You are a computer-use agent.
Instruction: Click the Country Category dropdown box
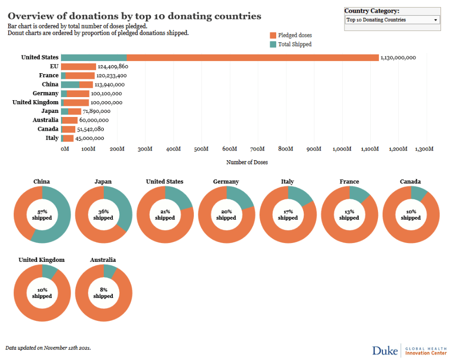[x=392, y=20]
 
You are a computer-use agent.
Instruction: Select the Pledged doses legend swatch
[x=273, y=35]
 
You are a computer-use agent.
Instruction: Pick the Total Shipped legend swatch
[x=273, y=44]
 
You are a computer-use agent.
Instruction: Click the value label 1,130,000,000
[x=398, y=57]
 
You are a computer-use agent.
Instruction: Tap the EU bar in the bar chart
[x=78, y=67]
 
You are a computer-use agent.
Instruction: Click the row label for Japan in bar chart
[x=50, y=111]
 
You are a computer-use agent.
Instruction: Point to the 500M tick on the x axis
[x=201, y=149]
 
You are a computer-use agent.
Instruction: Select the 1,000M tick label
[x=342, y=149]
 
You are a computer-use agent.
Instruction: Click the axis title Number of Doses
[x=247, y=162]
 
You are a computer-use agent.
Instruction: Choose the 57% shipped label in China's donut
[x=42, y=215]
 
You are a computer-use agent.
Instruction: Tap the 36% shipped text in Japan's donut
[x=103, y=215]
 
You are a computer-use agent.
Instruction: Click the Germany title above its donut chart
[x=226, y=182]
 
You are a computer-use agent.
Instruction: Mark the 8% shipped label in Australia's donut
[x=103, y=293]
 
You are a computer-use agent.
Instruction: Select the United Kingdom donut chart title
[x=42, y=260]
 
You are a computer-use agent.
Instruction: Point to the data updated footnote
[x=48, y=348]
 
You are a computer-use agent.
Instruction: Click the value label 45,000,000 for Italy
[x=90, y=138]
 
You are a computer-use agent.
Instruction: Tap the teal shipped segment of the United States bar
[x=94, y=57]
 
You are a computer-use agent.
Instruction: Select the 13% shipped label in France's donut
[x=349, y=215]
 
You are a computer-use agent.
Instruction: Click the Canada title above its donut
[x=411, y=182]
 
